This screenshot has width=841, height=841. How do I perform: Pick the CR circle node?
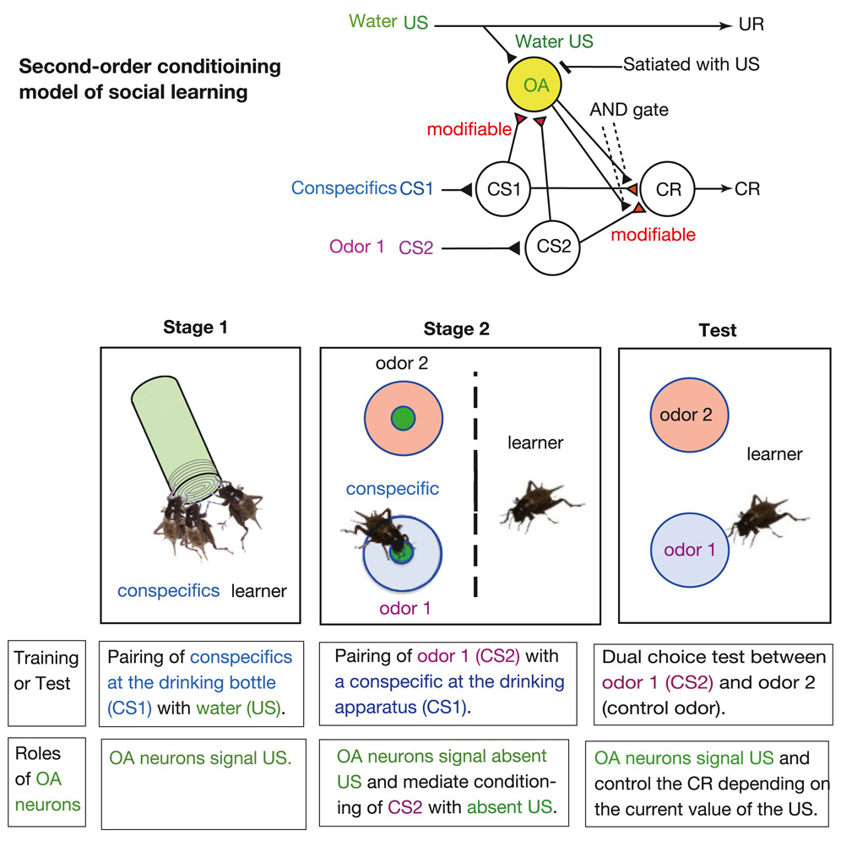click(667, 187)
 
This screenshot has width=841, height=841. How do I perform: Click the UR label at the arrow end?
click(751, 24)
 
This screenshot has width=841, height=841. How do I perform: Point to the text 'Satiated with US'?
click(692, 63)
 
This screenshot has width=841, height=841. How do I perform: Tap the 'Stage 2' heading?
click(457, 328)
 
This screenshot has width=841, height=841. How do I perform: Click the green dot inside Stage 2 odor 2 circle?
click(403, 416)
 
